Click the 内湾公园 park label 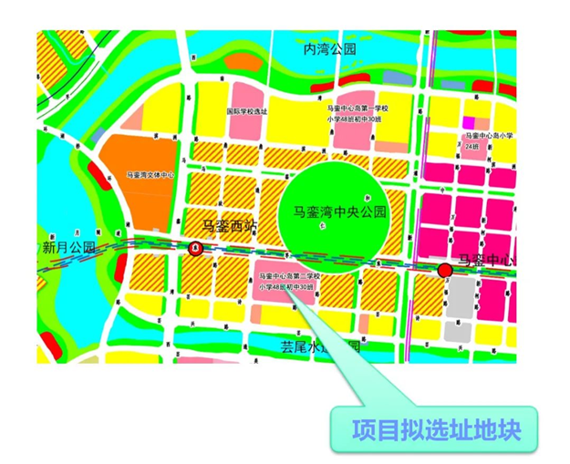coord(329,49)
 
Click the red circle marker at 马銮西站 coord(194,247)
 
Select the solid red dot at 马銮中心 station coord(444,270)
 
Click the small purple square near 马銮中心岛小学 coord(470,122)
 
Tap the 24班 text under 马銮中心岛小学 coord(472,146)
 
